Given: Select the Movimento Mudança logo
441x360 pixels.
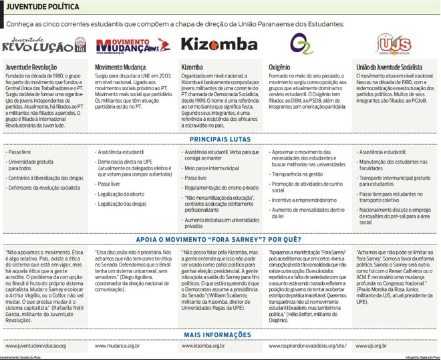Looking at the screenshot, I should (x=129, y=45).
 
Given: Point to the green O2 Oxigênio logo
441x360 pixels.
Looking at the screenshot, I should (x=302, y=45).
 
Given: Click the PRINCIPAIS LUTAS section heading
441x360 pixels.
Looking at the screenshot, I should (x=220, y=140).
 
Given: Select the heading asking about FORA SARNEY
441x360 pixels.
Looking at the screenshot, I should (x=220, y=238).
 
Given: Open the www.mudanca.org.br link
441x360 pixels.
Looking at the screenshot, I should (x=118, y=346).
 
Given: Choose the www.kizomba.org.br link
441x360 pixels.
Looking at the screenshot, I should (x=204, y=346).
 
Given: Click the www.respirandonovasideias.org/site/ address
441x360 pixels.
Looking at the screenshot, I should (x=308, y=346).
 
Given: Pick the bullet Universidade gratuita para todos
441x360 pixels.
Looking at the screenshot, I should (x=32, y=165).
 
